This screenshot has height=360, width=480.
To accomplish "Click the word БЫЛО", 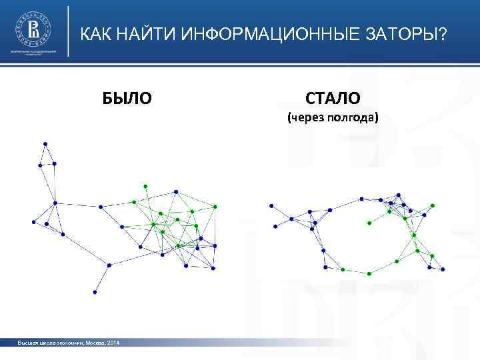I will pyautogui.click(x=127, y=99).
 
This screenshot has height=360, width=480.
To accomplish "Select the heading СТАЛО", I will pyautogui.click(x=333, y=99).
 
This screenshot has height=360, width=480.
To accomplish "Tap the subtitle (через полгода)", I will pyautogui.click(x=333, y=119).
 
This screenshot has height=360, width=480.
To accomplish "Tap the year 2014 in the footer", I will pyautogui.click(x=113, y=343).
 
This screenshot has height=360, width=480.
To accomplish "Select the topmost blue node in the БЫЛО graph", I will pyautogui.click(x=45, y=143).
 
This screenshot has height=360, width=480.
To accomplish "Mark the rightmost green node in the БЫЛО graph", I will pyautogui.click(x=215, y=207).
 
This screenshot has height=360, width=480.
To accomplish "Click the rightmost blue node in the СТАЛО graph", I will pyautogui.click(x=445, y=269).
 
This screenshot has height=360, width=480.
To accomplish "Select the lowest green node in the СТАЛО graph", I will pyautogui.click(x=369, y=273).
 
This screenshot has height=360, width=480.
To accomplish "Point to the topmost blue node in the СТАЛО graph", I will pyautogui.click(x=399, y=195).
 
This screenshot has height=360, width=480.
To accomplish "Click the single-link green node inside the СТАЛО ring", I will pyautogui.click(x=367, y=221).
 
